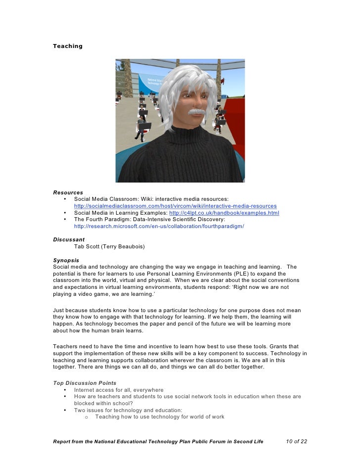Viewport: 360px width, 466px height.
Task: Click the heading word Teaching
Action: point(68,47)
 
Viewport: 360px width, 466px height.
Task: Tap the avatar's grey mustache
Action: point(196,113)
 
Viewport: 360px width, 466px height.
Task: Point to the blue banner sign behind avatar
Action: point(149,84)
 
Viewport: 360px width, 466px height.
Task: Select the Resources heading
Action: point(68,192)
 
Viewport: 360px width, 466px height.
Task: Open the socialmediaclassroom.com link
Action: point(175,206)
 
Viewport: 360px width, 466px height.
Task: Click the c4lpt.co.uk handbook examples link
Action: point(224,213)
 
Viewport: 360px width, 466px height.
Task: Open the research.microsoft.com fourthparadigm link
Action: point(159,226)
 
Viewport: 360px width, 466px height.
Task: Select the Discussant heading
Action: point(69,239)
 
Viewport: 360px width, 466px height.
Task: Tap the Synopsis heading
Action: point(66,260)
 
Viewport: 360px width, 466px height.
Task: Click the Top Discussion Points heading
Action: point(85,383)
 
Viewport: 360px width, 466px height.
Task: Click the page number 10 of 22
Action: point(297,441)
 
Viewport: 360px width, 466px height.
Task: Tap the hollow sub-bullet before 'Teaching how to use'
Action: point(87,417)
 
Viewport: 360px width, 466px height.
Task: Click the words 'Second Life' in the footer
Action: point(248,441)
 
